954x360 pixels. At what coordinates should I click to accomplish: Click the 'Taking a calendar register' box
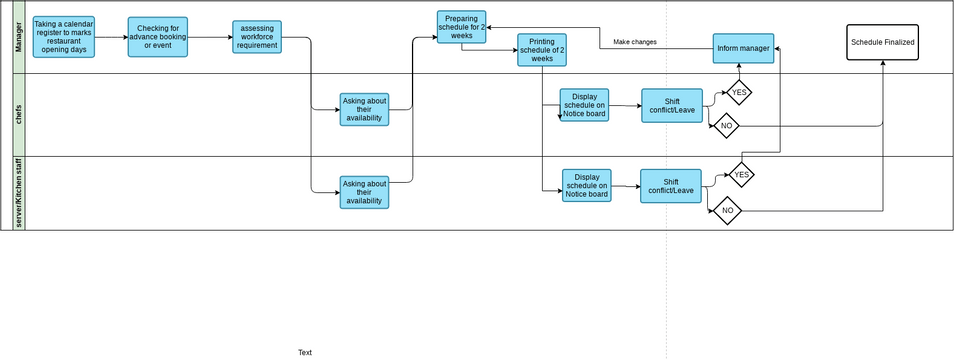coord(63,37)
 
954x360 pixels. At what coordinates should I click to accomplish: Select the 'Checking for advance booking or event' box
coord(158,37)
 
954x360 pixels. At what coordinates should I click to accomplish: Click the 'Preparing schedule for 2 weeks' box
coord(462,27)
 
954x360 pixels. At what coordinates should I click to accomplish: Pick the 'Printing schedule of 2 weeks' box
coord(542,50)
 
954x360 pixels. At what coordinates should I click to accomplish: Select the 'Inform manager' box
coord(743,47)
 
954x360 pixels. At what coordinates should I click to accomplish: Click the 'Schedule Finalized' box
coord(882,42)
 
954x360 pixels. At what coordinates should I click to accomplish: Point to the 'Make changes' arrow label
coord(635,42)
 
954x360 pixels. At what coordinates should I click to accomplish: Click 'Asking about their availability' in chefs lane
coord(364,109)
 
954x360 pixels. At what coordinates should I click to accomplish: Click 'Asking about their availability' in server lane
coord(364,192)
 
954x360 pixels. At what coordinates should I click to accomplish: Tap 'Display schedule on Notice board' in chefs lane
coord(584,105)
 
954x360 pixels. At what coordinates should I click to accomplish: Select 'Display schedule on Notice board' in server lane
coord(586,185)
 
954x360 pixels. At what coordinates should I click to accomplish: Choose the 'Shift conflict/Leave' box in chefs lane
coord(671,105)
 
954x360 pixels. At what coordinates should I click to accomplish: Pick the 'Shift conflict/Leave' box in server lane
coord(670,185)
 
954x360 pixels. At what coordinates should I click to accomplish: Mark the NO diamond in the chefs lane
coord(726,126)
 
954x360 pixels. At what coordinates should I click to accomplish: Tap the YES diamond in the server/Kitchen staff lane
coord(741,174)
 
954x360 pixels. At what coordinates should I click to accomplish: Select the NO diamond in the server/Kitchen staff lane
coord(727,210)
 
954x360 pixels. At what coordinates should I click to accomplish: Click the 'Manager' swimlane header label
coord(19,37)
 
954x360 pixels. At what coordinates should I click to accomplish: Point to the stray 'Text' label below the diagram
coord(305,352)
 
